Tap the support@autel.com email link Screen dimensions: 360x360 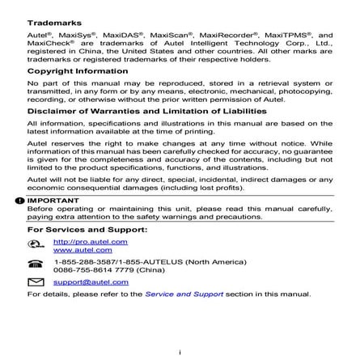pyautogui.click(x=91, y=282)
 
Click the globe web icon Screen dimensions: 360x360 pyautogui.click(x=35, y=244)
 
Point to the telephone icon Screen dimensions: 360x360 pyautogui.click(x=35, y=264)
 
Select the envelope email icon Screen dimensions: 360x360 pyautogui.click(x=35, y=282)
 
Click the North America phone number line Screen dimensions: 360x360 pyautogui.click(x=149, y=261)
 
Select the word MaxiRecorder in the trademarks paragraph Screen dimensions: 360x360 pyautogui.click(x=228, y=36)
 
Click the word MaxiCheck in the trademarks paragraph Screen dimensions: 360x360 pyautogui.click(x=47, y=43)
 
